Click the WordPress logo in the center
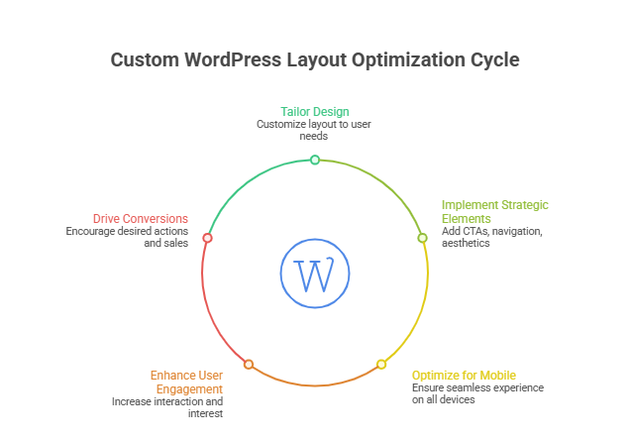click(315, 274)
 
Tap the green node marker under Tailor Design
click(315, 160)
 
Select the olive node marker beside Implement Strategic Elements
click(422, 238)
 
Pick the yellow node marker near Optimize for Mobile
click(381, 365)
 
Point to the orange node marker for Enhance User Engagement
click(249, 365)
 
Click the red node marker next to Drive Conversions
click(207, 238)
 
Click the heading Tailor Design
click(315, 111)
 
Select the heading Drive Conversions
click(141, 218)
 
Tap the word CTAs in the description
click(472, 231)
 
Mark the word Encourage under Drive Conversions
click(92, 231)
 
